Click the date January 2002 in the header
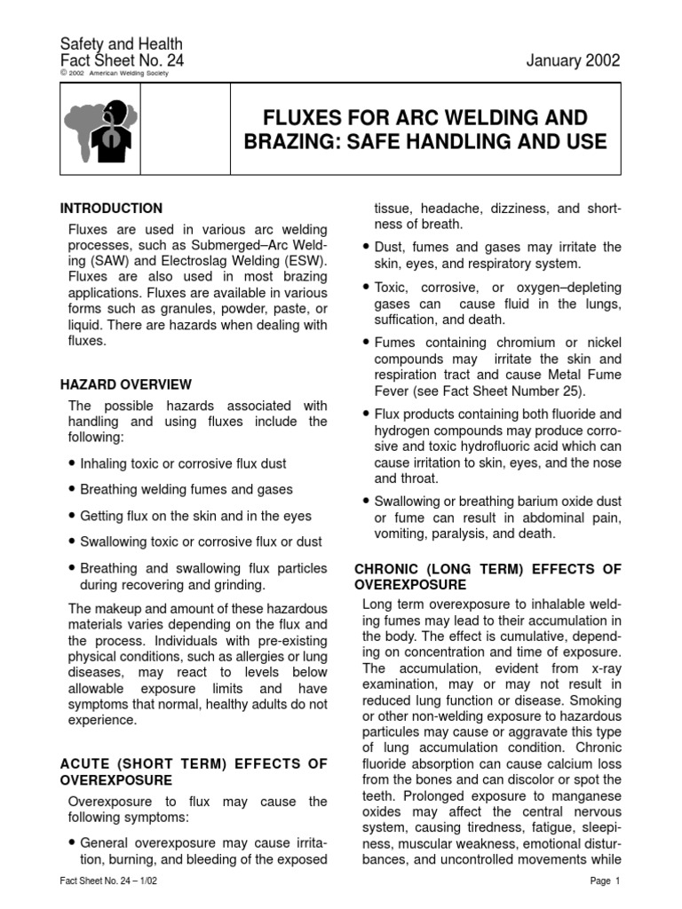(x=573, y=60)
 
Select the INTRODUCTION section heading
(x=111, y=209)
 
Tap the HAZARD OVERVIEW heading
(x=125, y=384)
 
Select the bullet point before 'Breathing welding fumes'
(x=72, y=490)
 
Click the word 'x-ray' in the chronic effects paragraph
(x=603, y=668)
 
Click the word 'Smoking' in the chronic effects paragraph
(x=595, y=700)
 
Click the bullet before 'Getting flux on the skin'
(x=72, y=516)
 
